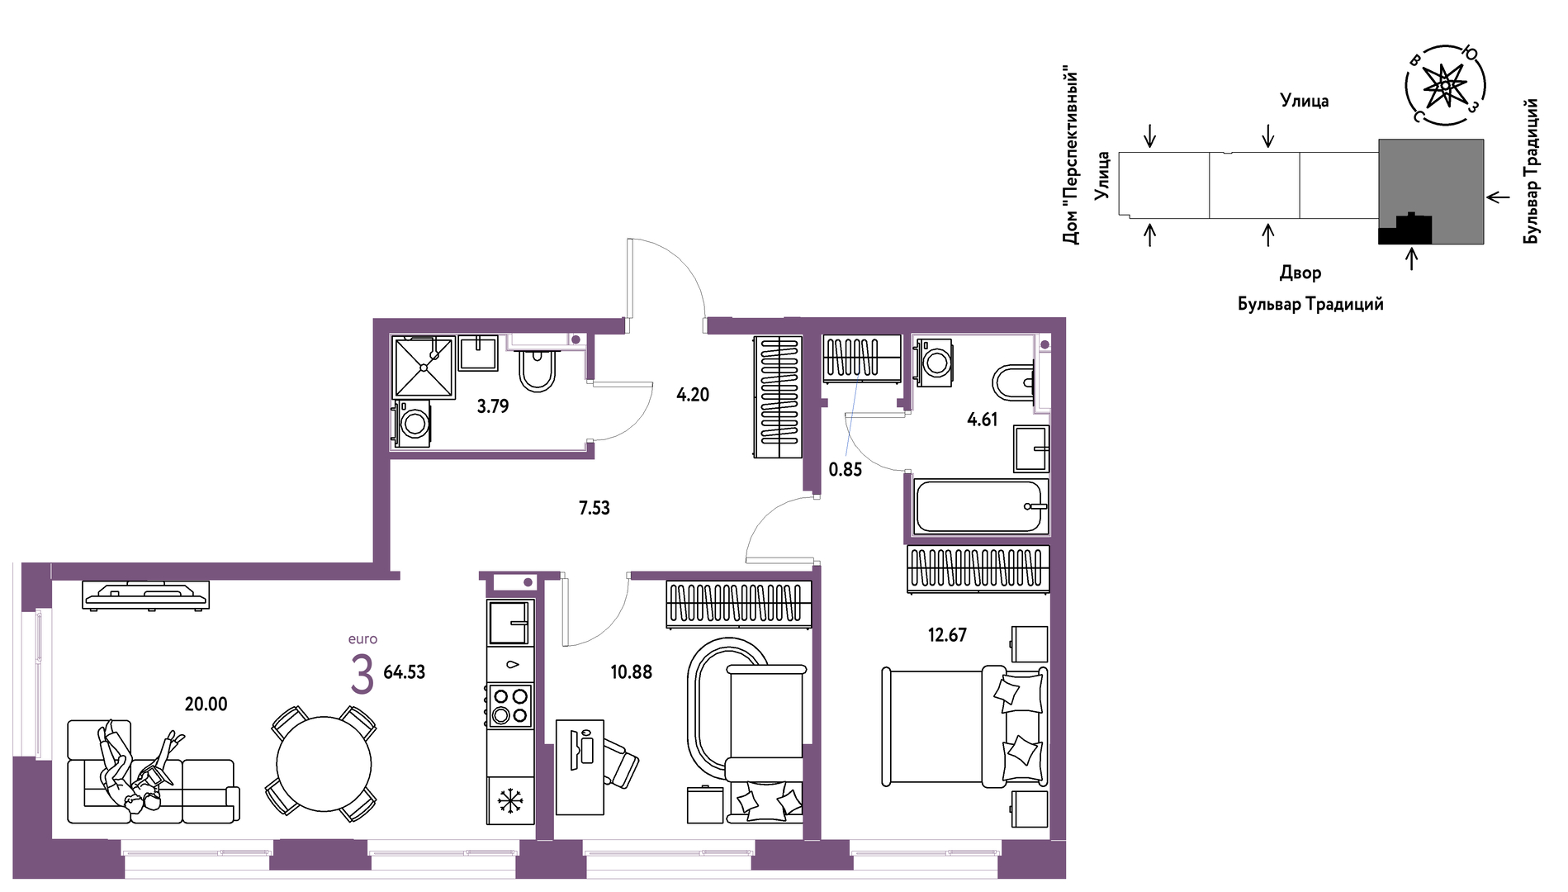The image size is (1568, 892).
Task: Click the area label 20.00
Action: point(206,704)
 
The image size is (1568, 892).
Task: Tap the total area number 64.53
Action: point(405,672)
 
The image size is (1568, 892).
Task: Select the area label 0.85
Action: point(845,469)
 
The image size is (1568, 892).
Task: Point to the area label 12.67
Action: point(947,634)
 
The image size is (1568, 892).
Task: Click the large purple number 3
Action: point(362,675)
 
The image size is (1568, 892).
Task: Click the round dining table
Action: point(324,764)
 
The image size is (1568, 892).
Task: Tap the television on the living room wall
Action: point(145,595)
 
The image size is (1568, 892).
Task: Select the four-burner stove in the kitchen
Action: point(510,706)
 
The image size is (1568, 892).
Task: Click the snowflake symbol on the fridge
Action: point(510,800)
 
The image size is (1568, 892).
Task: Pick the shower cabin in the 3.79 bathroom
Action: point(424,367)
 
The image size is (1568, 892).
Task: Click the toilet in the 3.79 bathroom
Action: point(537,370)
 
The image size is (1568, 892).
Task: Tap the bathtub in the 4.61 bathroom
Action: point(981,506)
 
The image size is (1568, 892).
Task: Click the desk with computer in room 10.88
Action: point(580,767)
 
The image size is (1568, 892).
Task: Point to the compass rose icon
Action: point(1445,85)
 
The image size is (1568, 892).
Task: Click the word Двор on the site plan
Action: point(1300,273)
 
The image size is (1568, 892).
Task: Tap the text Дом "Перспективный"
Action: point(1070,155)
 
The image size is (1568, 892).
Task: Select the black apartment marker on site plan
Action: point(1405,229)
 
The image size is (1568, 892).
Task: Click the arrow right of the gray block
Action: point(1498,197)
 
